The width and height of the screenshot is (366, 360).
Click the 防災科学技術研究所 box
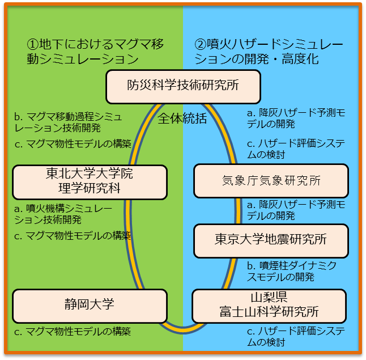pyautogui.click(x=182, y=86)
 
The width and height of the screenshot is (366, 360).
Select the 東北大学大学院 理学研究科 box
pyautogui.click(x=90, y=181)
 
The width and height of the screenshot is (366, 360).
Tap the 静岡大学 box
pyautogui.click(x=90, y=304)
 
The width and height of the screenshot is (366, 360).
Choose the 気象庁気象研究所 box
pyautogui.click(x=271, y=181)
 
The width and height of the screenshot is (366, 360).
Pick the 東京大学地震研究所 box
pyautogui.click(x=271, y=240)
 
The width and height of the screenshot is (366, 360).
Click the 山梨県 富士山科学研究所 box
pyautogui.click(x=269, y=305)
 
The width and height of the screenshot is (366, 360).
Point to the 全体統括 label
pyautogui.click(x=182, y=118)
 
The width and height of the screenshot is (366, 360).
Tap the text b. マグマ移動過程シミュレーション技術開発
pyautogui.click(x=67, y=122)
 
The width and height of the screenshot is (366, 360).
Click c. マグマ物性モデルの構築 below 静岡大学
pyautogui.click(x=72, y=331)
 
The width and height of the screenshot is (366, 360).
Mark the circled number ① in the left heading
pyautogui.click(x=32, y=44)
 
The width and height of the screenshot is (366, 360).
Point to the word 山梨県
pyautogui.click(x=269, y=298)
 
